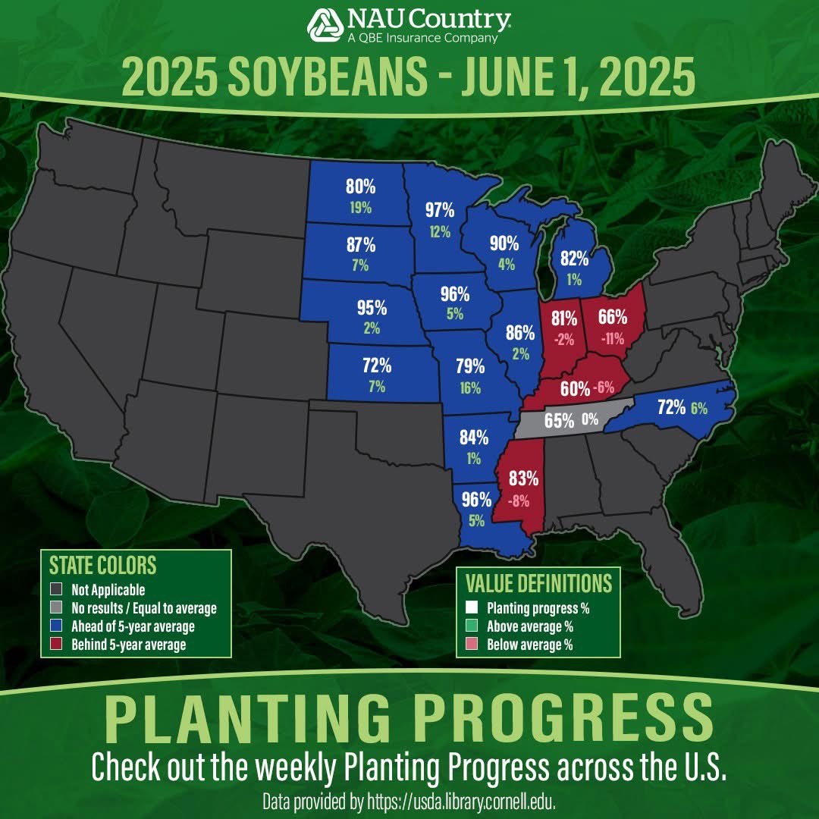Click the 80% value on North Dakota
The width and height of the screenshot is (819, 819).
(x=360, y=186)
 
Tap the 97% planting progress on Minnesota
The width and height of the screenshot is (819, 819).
(x=439, y=209)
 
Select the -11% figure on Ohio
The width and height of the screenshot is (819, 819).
(x=612, y=340)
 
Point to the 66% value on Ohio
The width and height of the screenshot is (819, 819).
(x=611, y=318)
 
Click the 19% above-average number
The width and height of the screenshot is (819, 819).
(x=360, y=206)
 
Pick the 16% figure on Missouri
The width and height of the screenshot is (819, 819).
(x=469, y=388)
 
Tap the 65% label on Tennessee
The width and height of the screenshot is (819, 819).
(x=559, y=421)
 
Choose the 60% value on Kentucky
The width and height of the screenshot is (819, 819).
(x=575, y=389)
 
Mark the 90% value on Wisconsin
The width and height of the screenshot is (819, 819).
(x=504, y=243)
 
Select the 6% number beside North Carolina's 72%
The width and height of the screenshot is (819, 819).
(x=698, y=408)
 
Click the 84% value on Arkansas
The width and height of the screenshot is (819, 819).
(x=474, y=438)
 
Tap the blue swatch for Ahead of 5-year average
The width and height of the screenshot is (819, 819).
(x=55, y=627)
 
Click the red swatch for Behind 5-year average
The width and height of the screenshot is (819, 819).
(x=55, y=645)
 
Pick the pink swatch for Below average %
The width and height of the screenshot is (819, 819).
(x=472, y=645)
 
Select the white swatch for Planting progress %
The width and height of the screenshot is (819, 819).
(x=472, y=608)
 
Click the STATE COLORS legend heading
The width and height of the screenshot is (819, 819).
(x=102, y=566)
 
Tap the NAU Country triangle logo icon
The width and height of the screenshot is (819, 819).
(x=325, y=25)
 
